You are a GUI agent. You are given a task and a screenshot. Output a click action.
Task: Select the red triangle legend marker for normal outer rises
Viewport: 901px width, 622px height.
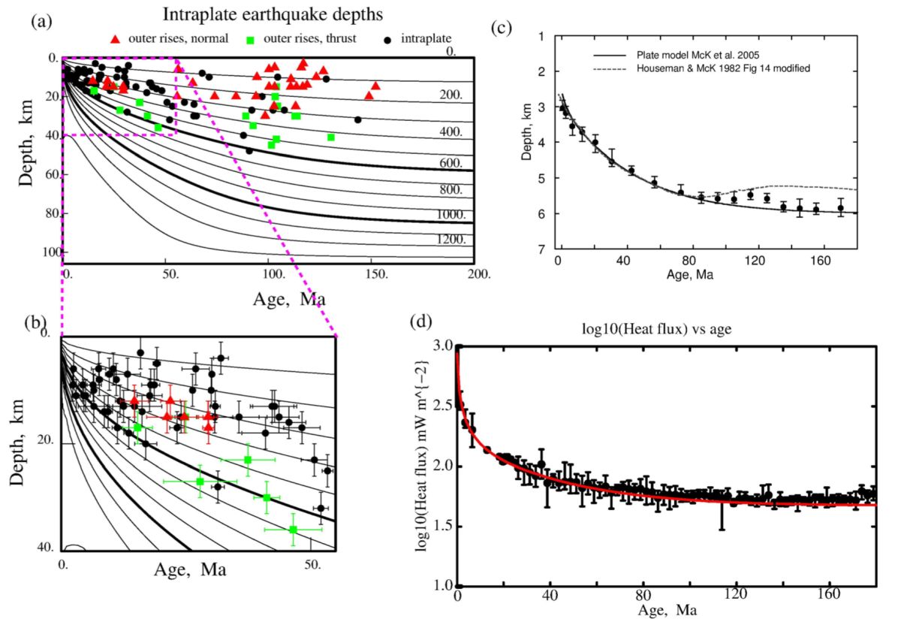[115, 38]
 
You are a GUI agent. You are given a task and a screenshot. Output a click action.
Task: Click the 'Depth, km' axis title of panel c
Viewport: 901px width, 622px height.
[526, 141]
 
